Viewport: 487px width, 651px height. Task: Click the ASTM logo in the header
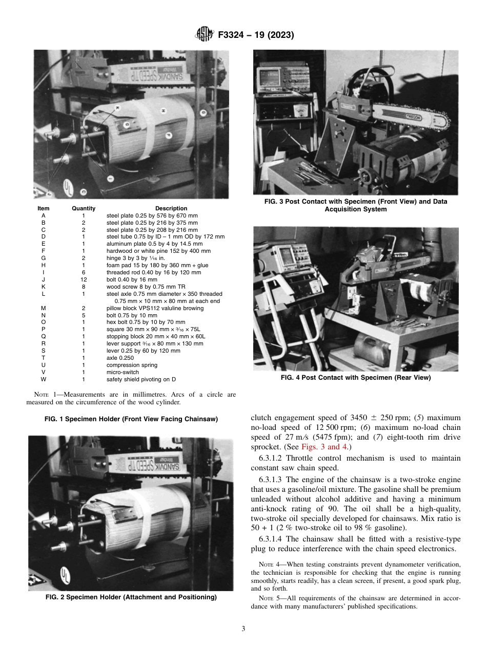pos(204,35)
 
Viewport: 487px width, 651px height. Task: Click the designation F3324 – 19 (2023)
pos(255,35)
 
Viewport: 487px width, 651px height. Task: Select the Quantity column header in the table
pos(84,208)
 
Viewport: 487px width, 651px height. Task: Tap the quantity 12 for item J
pos(84,279)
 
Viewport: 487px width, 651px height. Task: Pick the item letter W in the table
pos(44,379)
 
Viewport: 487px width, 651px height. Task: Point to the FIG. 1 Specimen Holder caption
pos(131,419)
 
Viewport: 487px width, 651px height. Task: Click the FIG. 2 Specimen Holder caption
pos(131,597)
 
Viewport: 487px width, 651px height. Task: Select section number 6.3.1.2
pos(270,458)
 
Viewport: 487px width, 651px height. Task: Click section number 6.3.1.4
pos(270,539)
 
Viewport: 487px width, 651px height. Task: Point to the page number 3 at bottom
pos(243,628)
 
